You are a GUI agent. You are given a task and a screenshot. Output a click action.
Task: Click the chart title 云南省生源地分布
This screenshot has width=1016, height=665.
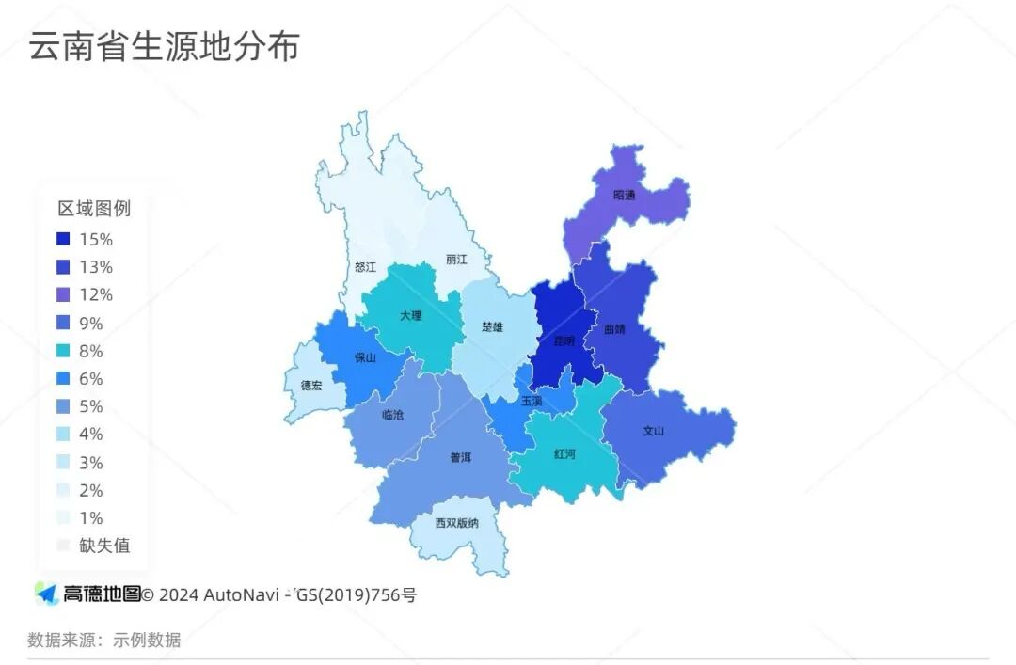coord(164,46)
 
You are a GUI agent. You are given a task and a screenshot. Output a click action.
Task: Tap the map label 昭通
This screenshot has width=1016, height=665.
coord(624,196)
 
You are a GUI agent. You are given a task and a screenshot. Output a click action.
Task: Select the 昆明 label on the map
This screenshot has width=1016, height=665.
coord(563,340)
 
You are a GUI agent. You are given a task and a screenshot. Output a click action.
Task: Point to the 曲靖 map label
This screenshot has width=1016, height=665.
coord(614,330)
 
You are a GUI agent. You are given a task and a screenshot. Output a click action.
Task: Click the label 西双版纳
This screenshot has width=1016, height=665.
coord(456,523)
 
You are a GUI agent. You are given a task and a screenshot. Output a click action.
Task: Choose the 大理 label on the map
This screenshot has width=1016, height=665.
coord(410,316)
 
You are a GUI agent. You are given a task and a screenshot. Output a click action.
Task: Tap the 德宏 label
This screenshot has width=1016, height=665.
coord(311,386)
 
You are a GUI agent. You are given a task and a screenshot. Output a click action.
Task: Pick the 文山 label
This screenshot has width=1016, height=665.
coord(653,431)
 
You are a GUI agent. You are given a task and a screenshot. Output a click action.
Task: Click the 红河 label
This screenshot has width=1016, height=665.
coord(564,453)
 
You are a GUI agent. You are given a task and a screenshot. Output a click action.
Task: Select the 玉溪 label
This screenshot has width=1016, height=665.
coord(532,401)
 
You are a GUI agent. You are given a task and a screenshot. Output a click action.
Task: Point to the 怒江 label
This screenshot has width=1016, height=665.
coord(365,267)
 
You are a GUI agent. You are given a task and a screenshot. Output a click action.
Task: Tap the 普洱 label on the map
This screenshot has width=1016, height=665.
coord(460,458)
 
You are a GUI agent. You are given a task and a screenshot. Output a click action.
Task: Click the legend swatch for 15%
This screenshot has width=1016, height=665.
coord(63,239)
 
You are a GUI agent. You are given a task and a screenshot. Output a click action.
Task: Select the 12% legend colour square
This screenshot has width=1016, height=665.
coord(63,295)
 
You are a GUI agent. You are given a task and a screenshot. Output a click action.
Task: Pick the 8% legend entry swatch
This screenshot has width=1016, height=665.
coord(63,351)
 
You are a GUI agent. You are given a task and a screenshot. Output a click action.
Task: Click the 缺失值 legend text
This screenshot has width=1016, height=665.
coord(104,546)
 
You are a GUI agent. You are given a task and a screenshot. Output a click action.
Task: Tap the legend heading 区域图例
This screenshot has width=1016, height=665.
coord(94,209)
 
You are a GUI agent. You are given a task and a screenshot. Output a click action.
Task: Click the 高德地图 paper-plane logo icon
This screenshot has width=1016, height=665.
coord(46,594)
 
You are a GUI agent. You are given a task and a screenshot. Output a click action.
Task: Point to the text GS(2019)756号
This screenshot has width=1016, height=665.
coord(356,594)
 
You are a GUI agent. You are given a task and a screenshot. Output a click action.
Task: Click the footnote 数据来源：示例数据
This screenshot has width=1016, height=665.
coord(103,641)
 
